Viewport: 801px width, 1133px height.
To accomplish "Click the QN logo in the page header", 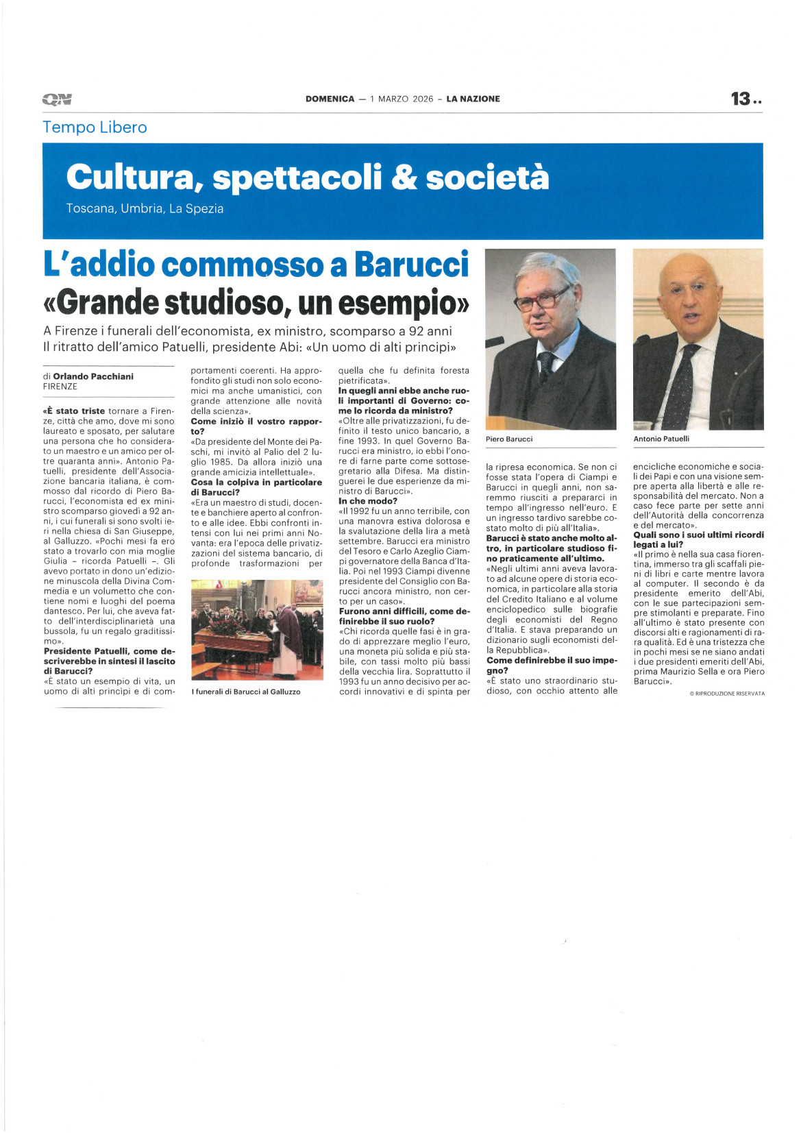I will pos(57,99).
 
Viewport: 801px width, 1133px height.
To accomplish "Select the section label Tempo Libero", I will pos(95,127).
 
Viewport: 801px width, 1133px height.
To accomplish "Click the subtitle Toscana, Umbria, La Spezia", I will pos(145,208).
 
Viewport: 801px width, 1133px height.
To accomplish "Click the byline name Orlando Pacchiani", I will pos(93,376).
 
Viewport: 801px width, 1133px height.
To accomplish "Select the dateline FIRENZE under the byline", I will pos(60,387).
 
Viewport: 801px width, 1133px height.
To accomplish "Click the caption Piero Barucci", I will pos(509,439).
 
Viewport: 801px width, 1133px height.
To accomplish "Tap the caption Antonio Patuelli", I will pos(661,439).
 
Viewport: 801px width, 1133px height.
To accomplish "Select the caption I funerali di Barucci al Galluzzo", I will pos(246,692).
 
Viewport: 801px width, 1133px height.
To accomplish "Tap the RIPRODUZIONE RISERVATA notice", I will pos(727,694).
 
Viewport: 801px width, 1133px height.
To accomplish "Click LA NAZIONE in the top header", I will pos(473,99).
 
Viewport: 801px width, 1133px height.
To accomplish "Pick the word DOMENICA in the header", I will pos(330,99).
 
